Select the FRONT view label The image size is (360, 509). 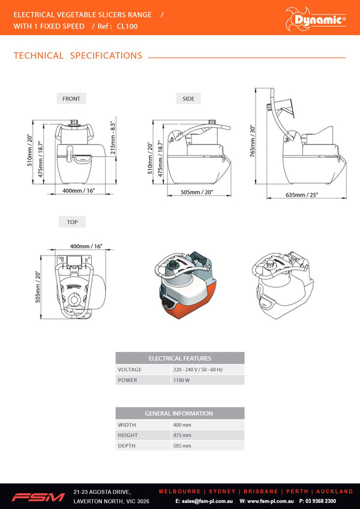(71, 98)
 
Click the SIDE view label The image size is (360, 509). (188, 98)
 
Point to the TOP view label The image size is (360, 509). (72, 222)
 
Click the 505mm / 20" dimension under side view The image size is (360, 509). (197, 192)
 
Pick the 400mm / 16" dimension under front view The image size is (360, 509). (79, 190)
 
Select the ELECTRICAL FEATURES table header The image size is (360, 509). (179, 358)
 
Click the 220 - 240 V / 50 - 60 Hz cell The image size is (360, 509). (197, 369)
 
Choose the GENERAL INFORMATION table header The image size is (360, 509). (179, 413)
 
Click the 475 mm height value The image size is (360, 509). (182, 435)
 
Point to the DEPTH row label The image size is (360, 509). (127, 446)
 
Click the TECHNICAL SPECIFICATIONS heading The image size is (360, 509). (77, 56)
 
